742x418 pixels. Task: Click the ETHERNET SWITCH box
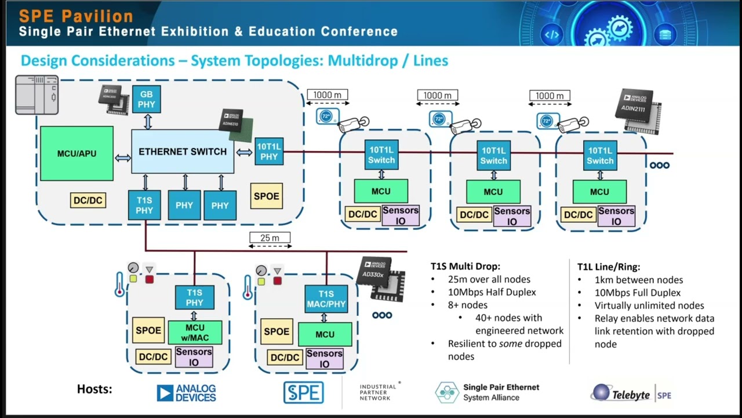183,152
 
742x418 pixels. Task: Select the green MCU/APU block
77,154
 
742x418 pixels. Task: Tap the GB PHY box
146,99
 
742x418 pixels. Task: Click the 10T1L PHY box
269,152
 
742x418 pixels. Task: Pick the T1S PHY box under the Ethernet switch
144,206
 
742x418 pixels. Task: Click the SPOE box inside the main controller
266,196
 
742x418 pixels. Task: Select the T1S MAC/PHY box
326,299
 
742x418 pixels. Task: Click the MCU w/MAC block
195,332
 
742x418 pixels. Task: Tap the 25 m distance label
270,237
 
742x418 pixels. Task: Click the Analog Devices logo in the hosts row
186,393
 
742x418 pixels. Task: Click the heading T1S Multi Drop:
465,266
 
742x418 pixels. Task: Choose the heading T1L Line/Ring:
609,266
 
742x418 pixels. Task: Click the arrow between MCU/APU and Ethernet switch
123,157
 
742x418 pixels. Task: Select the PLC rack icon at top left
37,95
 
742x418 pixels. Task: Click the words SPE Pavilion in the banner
76,16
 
